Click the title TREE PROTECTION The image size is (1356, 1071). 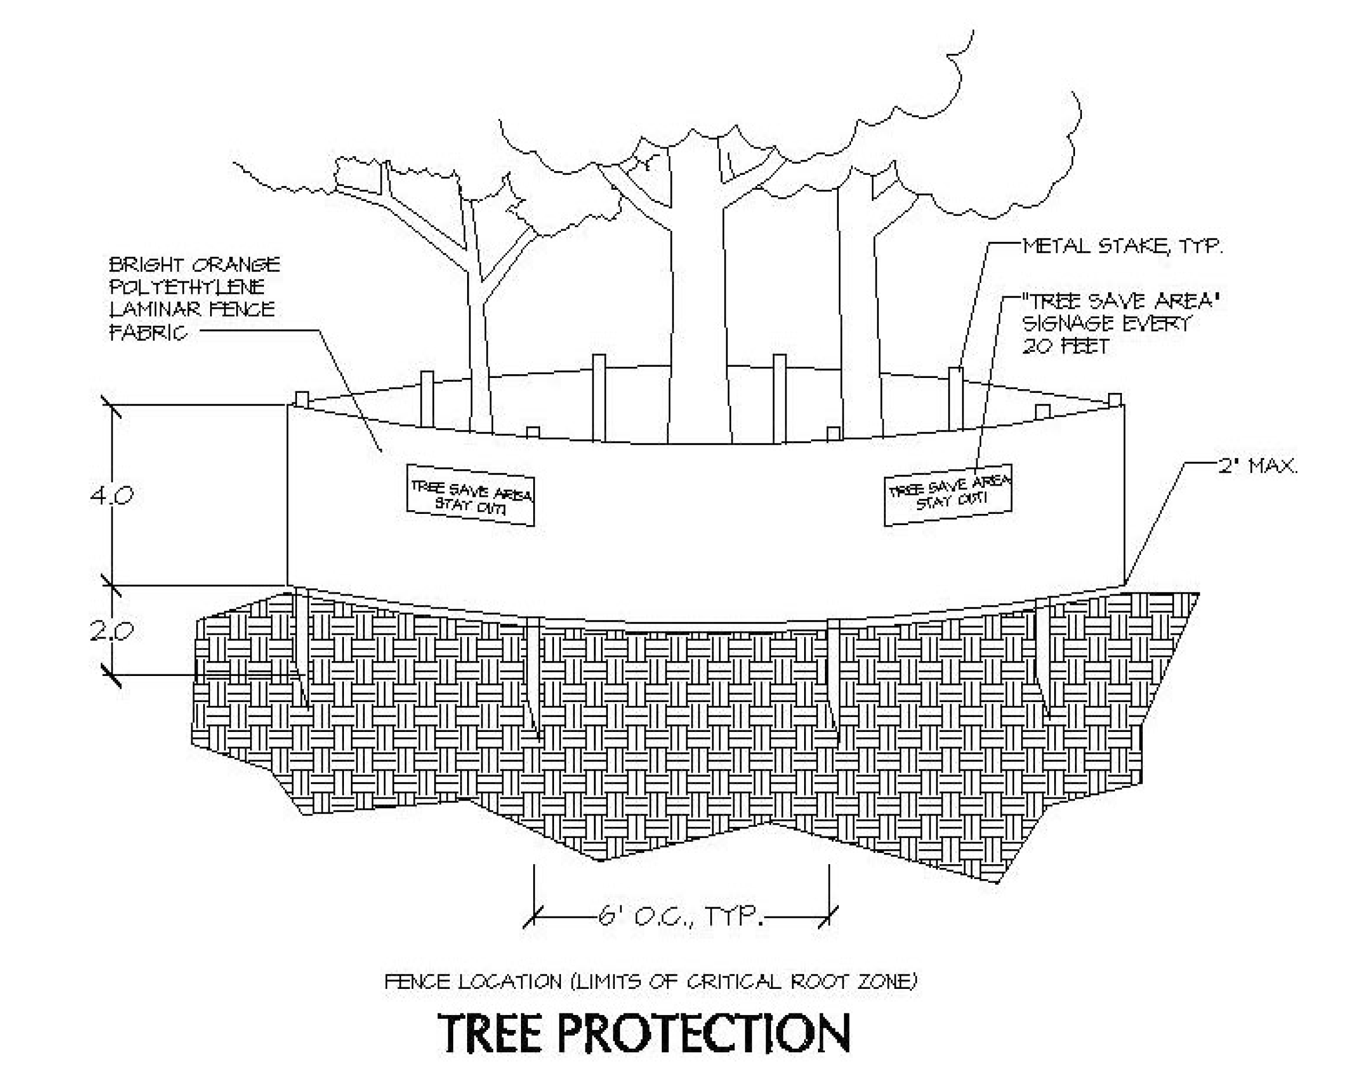pyautogui.click(x=644, y=1033)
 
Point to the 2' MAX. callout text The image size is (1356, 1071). pyautogui.click(x=1257, y=466)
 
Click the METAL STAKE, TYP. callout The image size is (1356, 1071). pyautogui.click(x=1122, y=246)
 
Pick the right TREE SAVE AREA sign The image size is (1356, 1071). pyautogui.click(x=948, y=494)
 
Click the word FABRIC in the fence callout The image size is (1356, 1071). pyautogui.click(x=148, y=332)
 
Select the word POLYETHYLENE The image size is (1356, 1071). pyautogui.click(x=187, y=287)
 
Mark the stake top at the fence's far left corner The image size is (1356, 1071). pyautogui.click(x=302, y=399)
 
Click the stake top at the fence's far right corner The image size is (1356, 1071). pyautogui.click(x=1114, y=399)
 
